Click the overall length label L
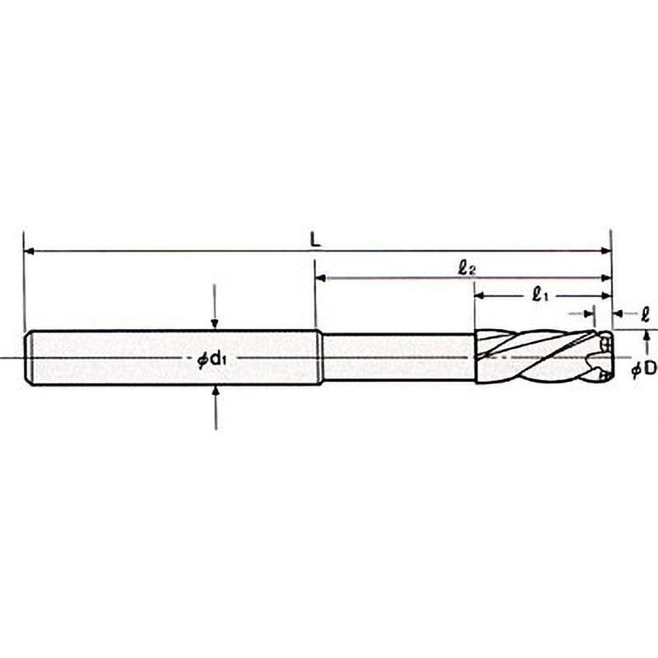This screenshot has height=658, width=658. (x=315, y=240)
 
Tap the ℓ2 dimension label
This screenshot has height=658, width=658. (x=466, y=268)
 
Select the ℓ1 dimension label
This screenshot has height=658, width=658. (x=540, y=296)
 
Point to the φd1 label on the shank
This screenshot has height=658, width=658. (x=212, y=359)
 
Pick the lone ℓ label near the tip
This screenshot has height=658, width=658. (x=646, y=314)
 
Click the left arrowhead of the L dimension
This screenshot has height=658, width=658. (x=30, y=251)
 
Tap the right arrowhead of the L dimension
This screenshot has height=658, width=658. (x=606, y=251)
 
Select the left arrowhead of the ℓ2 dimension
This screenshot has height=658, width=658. (x=321, y=277)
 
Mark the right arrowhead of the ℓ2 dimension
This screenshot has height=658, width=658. (x=606, y=277)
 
